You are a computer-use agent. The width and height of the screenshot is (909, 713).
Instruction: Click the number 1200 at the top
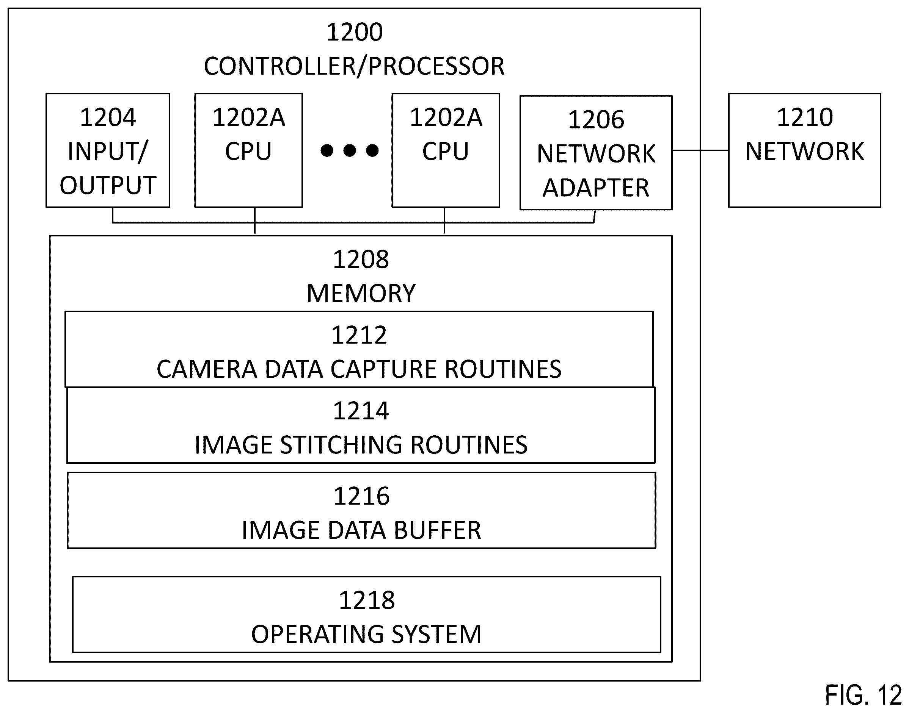354,32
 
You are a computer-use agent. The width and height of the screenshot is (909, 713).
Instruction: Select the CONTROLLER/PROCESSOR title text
354,66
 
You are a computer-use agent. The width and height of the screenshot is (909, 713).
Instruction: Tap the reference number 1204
108,117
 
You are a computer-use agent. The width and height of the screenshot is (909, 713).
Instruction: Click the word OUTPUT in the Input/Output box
108,185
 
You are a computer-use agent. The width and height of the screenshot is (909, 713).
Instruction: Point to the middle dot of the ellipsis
350,150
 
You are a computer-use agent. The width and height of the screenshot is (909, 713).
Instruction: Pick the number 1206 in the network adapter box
596,120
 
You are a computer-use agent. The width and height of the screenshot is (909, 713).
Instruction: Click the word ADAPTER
596,188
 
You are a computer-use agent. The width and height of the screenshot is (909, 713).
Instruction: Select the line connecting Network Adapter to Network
700,150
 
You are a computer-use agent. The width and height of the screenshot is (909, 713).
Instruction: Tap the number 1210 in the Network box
805,117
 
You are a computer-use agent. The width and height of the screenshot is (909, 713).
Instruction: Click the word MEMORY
361,293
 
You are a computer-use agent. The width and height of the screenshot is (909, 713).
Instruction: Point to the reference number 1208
361,259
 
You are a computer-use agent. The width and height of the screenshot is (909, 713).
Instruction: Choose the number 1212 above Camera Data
359,335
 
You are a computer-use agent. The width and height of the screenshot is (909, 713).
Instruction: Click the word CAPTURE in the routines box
383,369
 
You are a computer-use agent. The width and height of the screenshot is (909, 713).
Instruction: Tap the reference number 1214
361,411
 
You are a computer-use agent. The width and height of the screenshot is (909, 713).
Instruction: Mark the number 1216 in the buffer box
362,496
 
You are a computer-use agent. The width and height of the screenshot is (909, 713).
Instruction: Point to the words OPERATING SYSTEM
366,635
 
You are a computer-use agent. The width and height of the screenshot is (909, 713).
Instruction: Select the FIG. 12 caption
863,696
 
